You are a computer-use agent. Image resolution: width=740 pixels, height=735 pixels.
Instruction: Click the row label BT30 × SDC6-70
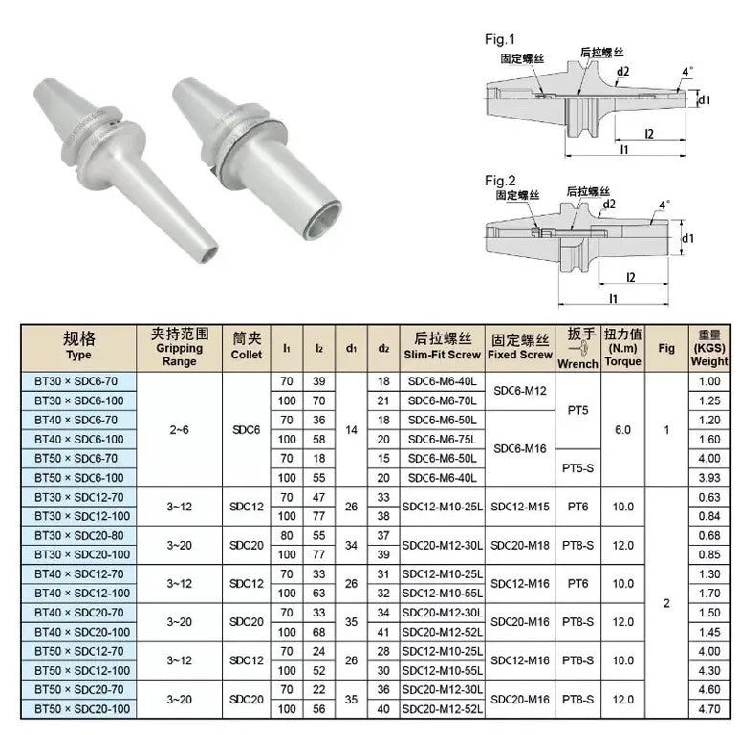tap(76, 381)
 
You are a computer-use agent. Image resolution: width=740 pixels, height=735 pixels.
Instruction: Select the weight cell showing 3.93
tap(709, 478)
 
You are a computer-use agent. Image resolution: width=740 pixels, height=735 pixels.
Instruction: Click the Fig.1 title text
tap(499, 39)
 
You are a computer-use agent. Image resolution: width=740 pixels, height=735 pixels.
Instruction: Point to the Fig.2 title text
tap(500, 181)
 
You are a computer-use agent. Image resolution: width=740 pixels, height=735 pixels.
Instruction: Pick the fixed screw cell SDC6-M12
tap(519, 391)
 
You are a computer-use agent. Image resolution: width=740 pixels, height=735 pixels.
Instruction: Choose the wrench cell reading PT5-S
tap(577, 468)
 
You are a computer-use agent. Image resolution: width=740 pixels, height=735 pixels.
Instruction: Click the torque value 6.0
tap(622, 430)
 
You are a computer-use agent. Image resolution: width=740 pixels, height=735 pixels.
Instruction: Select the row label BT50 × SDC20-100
tap(82, 708)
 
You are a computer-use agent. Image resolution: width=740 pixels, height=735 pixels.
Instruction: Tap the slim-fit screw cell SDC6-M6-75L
tap(442, 440)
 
